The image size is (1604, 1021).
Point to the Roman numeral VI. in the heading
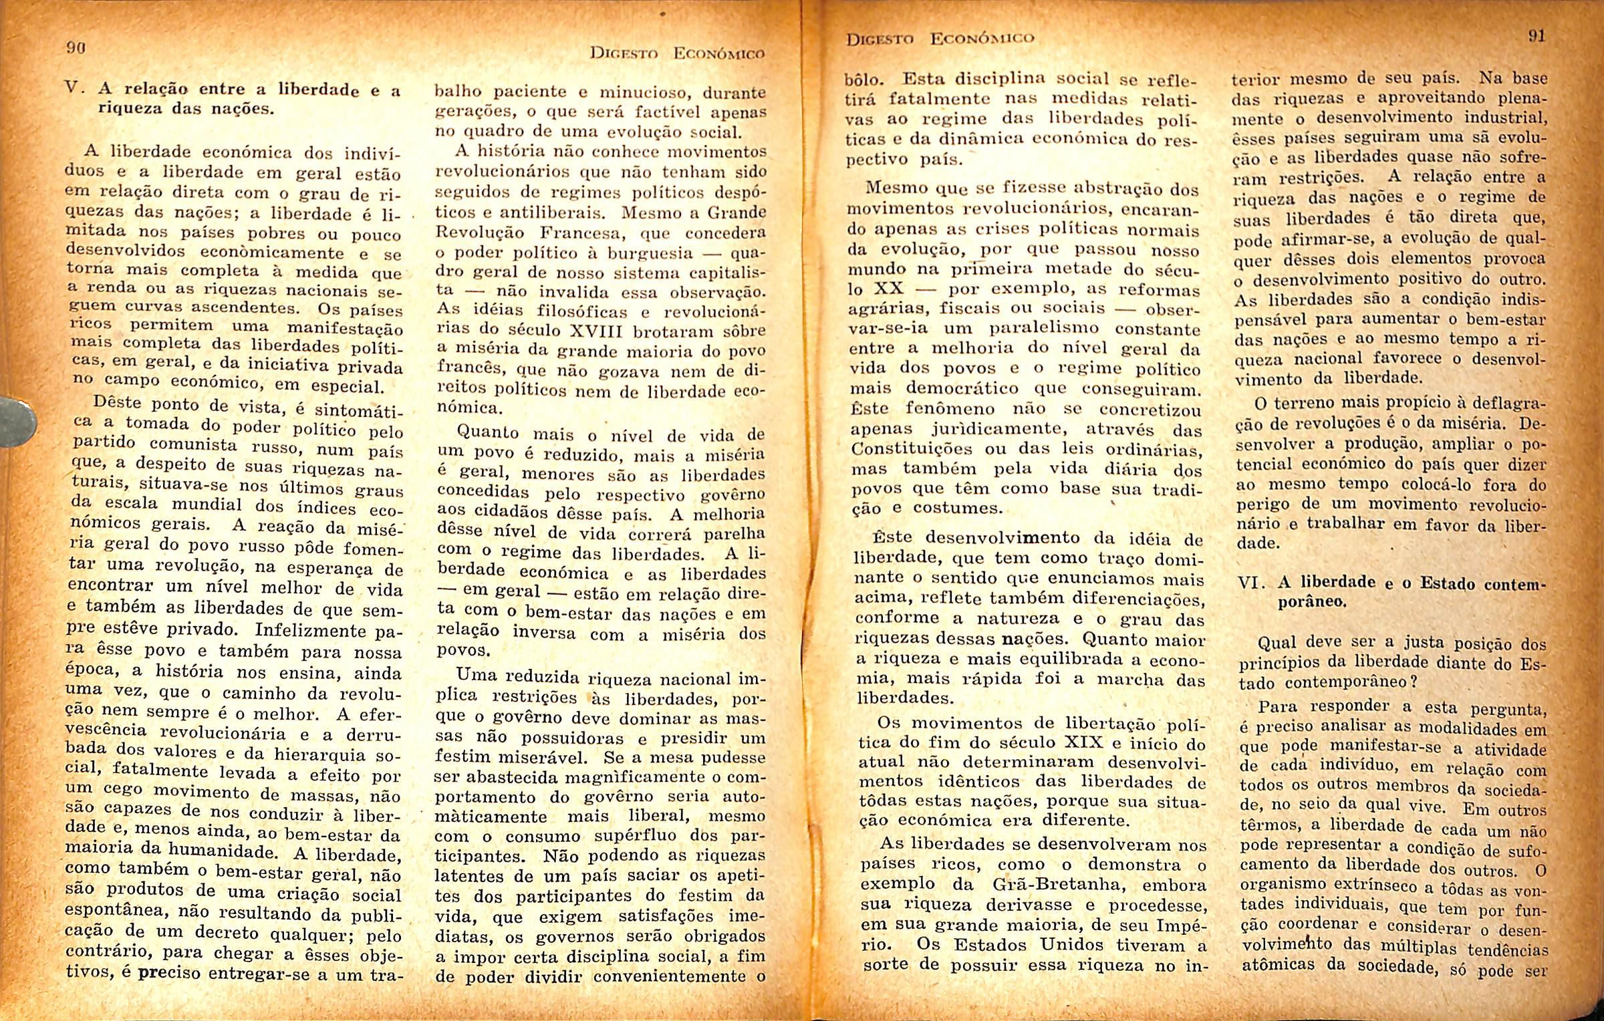(x=1250, y=582)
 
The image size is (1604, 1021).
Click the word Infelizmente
(x=311, y=631)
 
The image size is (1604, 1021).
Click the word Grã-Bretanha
(x=1060, y=885)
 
